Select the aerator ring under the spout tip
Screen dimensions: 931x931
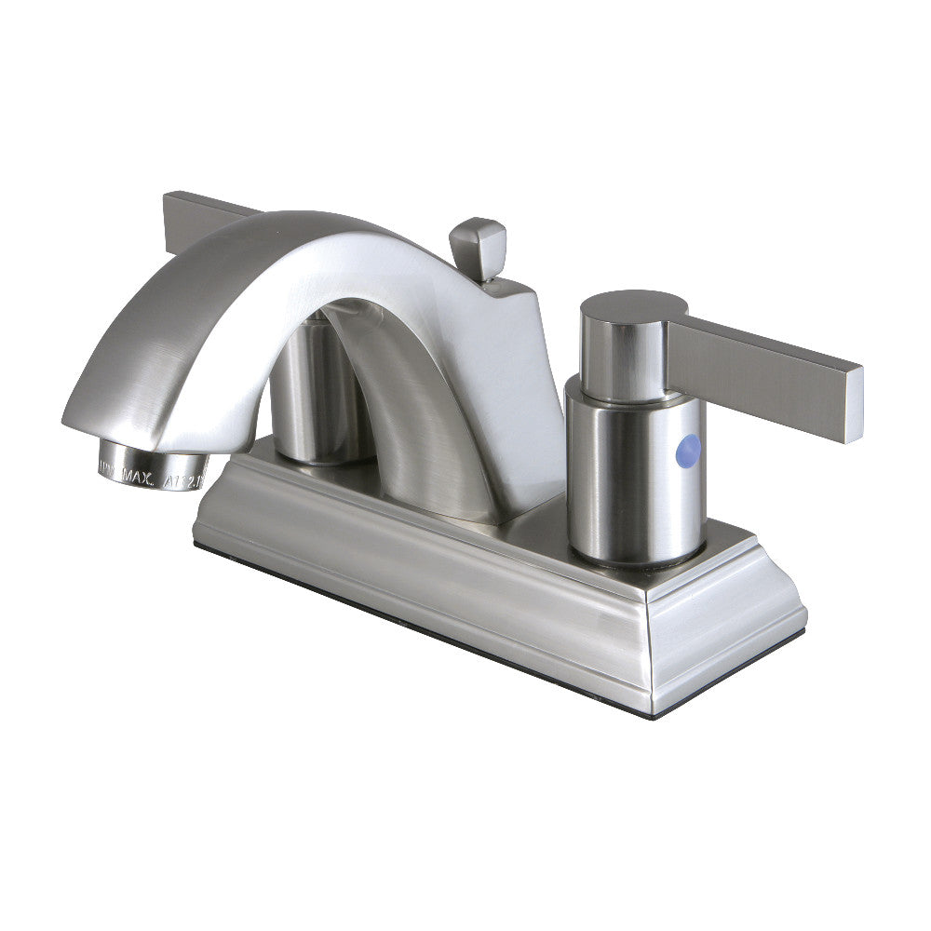(154, 459)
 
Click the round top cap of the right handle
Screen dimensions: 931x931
(633, 305)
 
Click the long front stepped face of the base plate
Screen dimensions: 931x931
(419, 577)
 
